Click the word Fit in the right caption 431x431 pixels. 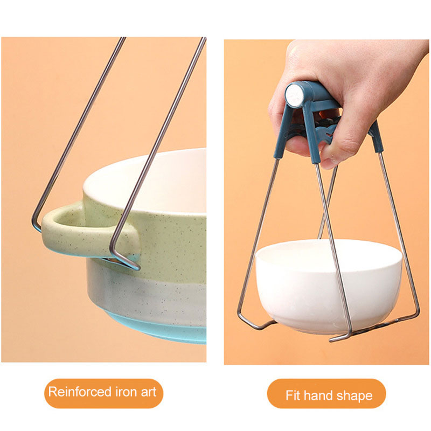[293, 395]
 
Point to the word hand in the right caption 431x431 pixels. [318, 395]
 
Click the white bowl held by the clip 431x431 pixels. [329, 286]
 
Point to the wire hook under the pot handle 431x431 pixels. [124, 260]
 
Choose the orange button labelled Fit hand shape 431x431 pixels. [326, 393]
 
